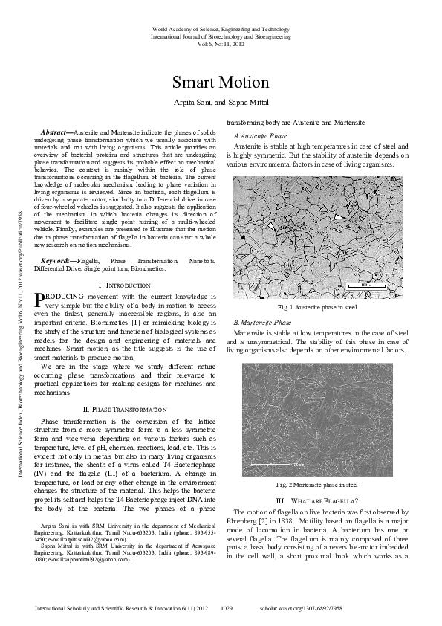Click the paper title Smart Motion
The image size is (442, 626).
pyautogui.click(x=221, y=82)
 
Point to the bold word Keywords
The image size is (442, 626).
pyautogui.click(x=56, y=261)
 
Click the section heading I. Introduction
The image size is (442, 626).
pyautogui.click(x=127, y=285)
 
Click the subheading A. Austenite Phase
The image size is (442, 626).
pyautogui.click(x=260, y=137)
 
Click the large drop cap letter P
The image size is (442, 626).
pyautogui.click(x=40, y=299)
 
